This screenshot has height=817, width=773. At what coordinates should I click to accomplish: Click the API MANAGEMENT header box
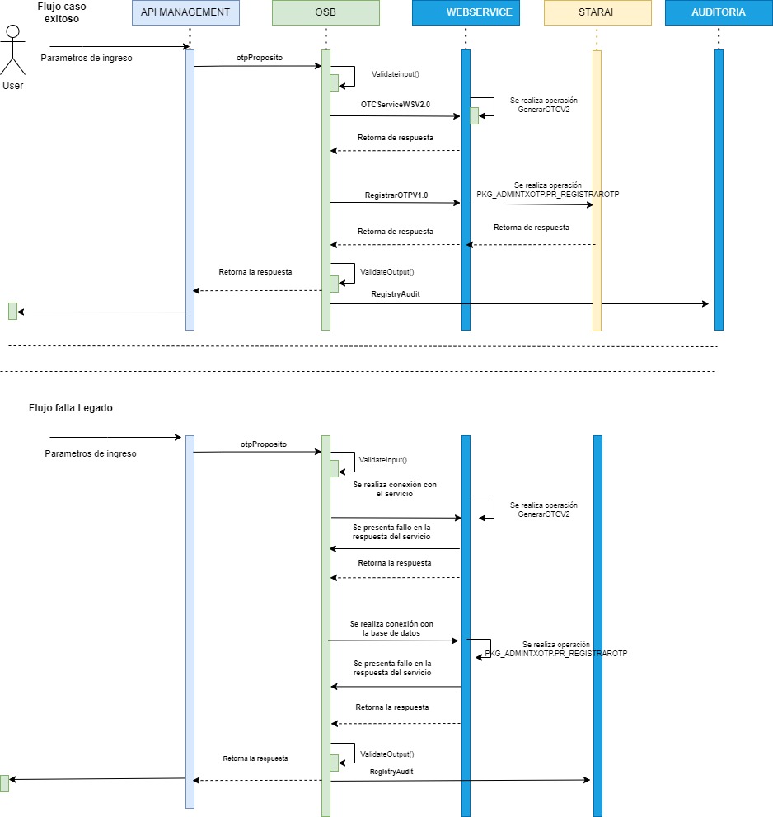[185, 12]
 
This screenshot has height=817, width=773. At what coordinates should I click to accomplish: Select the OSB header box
[326, 12]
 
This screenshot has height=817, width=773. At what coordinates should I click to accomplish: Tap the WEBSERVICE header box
[466, 12]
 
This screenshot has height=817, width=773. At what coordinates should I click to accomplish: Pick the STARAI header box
[597, 12]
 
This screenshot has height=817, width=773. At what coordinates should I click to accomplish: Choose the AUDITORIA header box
[718, 12]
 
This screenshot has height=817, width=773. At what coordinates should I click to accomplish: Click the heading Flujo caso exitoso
[62, 12]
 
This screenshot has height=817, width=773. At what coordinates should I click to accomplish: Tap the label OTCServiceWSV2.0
[396, 105]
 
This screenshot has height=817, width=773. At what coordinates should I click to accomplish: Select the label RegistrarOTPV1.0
[396, 195]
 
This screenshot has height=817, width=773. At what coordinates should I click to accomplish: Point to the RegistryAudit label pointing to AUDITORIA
[396, 293]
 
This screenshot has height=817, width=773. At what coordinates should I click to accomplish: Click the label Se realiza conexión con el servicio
[395, 489]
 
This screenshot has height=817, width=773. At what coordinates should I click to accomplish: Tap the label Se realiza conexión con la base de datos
[391, 629]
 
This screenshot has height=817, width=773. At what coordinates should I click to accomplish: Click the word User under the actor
[13, 85]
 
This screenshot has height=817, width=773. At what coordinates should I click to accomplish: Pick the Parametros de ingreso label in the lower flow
[91, 453]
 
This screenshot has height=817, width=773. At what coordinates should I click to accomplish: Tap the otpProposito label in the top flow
[259, 57]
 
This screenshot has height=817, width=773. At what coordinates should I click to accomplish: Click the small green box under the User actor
[12, 311]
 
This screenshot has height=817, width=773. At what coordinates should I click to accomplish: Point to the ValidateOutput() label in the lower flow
[386, 754]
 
